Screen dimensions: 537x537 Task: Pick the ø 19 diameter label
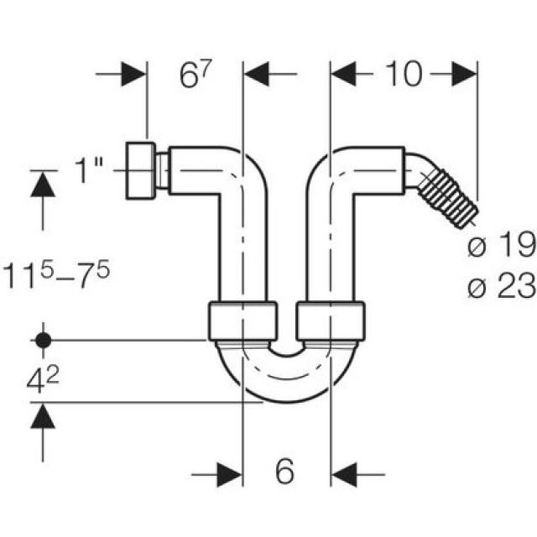(503, 246)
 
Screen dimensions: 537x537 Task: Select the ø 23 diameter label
(503, 287)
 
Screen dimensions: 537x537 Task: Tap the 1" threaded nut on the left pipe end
(145, 170)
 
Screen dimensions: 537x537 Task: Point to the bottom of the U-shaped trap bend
(285, 394)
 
